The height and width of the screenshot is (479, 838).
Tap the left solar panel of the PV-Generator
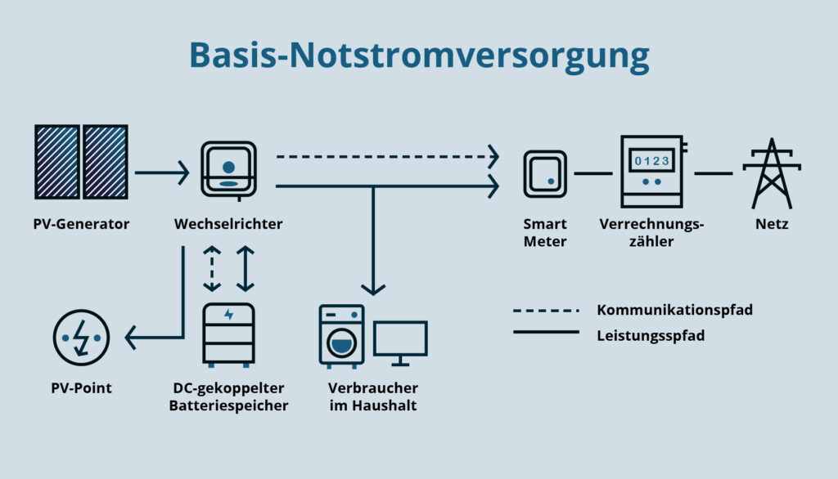(x=57, y=162)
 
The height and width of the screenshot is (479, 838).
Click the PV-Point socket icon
(x=81, y=337)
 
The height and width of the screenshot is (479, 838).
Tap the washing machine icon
(x=341, y=336)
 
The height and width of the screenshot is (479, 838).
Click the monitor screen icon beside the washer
(x=400, y=342)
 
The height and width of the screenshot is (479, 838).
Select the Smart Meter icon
(x=545, y=173)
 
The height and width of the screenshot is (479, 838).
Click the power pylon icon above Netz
(x=772, y=173)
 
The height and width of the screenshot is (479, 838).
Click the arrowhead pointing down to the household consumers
(x=373, y=288)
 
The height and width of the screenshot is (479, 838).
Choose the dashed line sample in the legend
(x=546, y=311)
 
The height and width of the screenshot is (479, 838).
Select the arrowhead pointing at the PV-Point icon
(x=132, y=337)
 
